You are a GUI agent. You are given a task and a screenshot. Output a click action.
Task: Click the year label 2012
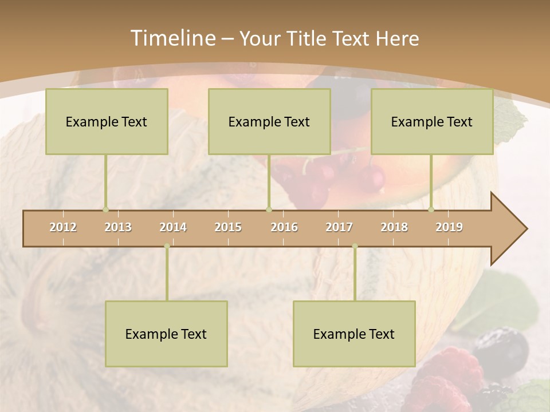[63, 227]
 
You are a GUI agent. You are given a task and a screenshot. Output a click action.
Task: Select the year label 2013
[118, 227]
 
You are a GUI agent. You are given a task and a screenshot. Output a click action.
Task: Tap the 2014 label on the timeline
[173, 227]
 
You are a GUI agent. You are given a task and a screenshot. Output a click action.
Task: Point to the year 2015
[228, 227]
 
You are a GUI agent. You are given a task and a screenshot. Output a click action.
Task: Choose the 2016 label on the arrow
[284, 227]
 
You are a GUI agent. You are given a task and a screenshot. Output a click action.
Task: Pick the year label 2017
[339, 227]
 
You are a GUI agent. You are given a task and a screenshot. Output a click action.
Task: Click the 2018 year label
[394, 227]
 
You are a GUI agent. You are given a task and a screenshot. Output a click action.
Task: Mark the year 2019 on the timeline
[449, 227]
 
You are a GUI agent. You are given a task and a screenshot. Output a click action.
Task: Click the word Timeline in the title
[172, 38]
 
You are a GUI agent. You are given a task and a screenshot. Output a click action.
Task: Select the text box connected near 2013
[107, 121]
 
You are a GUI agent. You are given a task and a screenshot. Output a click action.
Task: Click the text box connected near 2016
[269, 121]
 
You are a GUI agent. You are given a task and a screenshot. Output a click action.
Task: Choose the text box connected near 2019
[432, 121]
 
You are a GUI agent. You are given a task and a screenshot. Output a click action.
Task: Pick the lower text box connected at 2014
[166, 334]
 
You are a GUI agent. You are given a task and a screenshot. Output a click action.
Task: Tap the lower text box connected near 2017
[354, 334]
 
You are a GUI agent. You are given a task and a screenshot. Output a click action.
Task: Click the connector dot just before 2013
[105, 209]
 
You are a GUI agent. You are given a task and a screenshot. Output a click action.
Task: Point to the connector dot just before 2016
[269, 209]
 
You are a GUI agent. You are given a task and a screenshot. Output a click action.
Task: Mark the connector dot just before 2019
[431, 209]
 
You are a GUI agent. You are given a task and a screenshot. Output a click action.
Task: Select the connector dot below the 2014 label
[167, 246]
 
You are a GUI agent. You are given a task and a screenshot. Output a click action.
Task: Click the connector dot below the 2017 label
[355, 246]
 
